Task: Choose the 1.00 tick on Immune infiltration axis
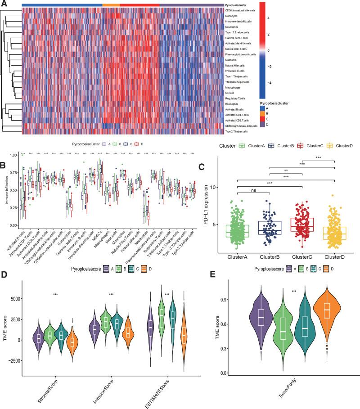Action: click(x=15, y=155)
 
